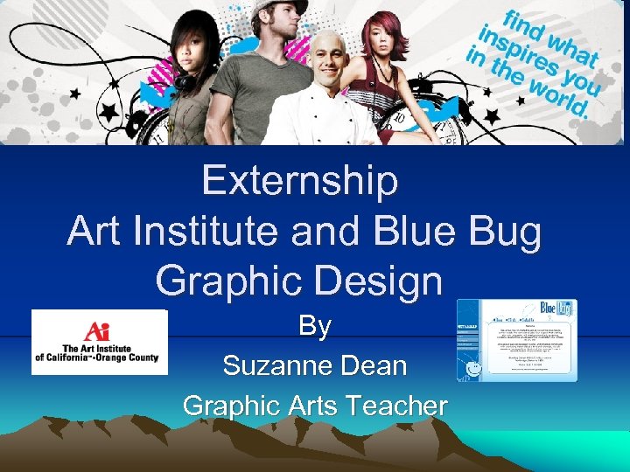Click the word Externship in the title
pyautogui.click(x=299, y=182)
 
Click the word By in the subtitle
pyautogui.click(x=315, y=326)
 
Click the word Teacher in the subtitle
pyautogui.click(x=396, y=406)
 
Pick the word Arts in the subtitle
pyautogui.click(x=308, y=406)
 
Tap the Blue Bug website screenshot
pyautogui.click(x=516, y=340)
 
